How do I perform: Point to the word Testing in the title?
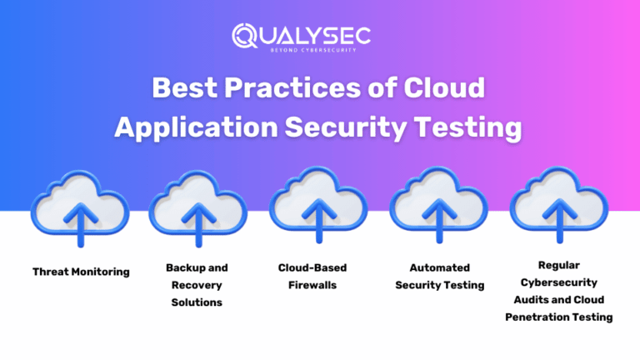tap(472, 127)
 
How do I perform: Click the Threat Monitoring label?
tap(81, 272)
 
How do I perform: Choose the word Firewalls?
tap(312, 285)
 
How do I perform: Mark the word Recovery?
tap(197, 285)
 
